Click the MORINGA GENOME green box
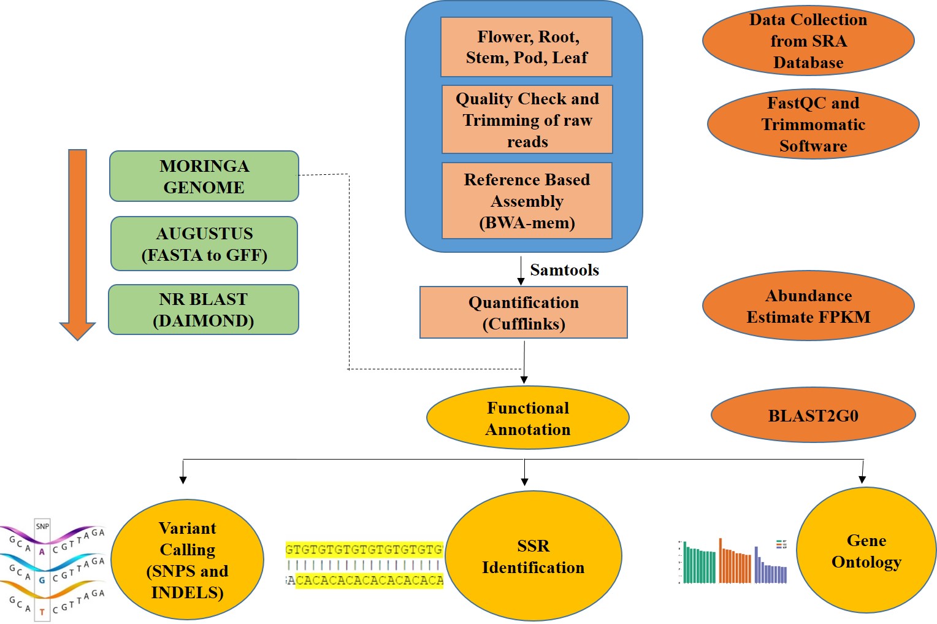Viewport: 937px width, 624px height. click(x=204, y=176)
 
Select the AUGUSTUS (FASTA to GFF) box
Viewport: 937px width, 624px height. click(x=204, y=244)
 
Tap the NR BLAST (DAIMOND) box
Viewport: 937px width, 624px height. click(x=204, y=309)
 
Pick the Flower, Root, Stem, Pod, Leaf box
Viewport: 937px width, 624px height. click(x=527, y=47)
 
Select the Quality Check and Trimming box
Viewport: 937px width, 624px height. click(x=527, y=120)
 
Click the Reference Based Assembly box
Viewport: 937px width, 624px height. click(x=527, y=201)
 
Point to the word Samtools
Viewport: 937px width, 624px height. click(x=564, y=270)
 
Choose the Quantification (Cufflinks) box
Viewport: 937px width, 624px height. click(x=524, y=312)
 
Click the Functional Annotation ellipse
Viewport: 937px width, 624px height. click(x=528, y=418)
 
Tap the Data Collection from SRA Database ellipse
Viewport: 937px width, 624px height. click(x=808, y=41)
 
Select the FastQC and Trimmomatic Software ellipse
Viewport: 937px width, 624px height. click(x=813, y=124)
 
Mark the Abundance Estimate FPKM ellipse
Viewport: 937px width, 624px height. click(x=808, y=306)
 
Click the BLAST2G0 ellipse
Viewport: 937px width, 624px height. click(x=813, y=415)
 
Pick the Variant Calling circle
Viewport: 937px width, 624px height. click(x=188, y=560)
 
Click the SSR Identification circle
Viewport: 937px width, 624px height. click(x=534, y=556)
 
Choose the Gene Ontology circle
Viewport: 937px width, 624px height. click(x=866, y=550)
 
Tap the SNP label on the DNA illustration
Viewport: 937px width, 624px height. click(x=42, y=526)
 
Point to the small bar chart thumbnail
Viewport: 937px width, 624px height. click(x=733, y=561)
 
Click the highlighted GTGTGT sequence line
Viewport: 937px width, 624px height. click(x=364, y=549)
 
